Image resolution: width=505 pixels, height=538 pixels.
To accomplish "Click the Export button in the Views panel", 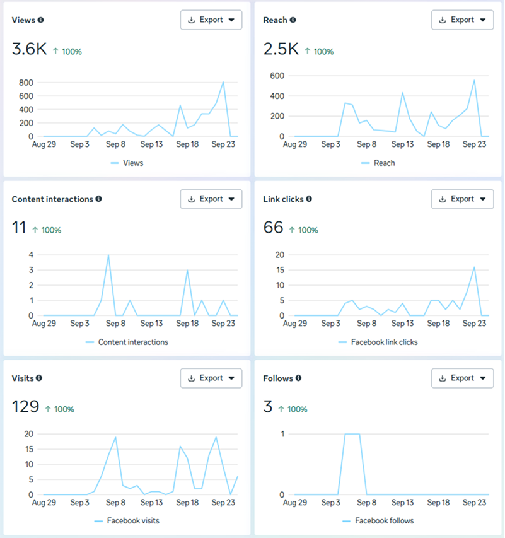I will pyautogui.click(x=211, y=20).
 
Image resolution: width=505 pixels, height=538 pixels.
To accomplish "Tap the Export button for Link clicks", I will pyautogui.click(x=462, y=199).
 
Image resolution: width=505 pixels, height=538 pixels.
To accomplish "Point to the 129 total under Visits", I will pyautogui.click(x=25, y=407).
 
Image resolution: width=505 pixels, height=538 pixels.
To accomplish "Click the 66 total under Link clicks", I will pyautogui.click(x=273, y=228).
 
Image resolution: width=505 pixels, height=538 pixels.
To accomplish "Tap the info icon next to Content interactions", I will pyautogui.click(x=98, y=199).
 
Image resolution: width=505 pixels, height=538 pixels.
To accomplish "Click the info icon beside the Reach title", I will pyautogui.click(x=293, y=20).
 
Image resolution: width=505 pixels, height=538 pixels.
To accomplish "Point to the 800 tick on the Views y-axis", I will pyautogui.click(x=26, y=83).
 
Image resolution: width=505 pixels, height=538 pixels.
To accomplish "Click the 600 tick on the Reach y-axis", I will pyautogui.click(x=277, y=76).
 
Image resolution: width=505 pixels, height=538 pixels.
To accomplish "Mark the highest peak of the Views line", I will pyautogui.click(x=223, y=82).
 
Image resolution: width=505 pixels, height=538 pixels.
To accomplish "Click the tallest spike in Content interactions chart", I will pyautogui.click(x=108, y=255).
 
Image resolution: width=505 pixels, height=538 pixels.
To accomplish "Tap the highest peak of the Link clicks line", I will pyautogui.click(x=473, y=267).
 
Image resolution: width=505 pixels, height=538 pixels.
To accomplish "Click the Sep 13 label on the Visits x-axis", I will pyautogui.click(x=151, y=503).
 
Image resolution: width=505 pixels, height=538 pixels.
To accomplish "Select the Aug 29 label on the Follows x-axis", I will pyautogui.click(x=294, y=503).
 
